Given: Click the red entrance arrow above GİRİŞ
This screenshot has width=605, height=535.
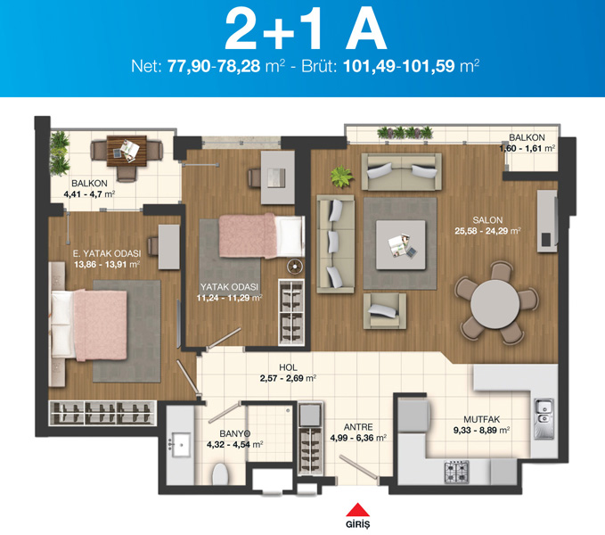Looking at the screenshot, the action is click(x=357, y=509).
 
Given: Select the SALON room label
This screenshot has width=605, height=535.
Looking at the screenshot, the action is click(x=487, y=220).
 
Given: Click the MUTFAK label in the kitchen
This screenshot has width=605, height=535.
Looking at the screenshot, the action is click(x=481, y=419).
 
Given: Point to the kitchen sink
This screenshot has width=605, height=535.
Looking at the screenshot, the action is click(x=544, y=419).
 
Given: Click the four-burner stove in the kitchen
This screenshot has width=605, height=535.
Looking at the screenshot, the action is click(x=457, y=472).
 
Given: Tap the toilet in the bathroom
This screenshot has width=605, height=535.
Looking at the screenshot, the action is click(x=220, y=474).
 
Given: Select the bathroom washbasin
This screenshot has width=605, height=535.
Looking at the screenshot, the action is click(x=181, y=445).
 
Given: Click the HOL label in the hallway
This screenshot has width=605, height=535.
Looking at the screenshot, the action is click(x=288, y=367).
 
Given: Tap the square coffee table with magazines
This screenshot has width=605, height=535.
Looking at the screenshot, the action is click(x=401, y=244).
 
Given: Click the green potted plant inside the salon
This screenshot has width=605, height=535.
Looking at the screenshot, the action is click(x=341, y=177).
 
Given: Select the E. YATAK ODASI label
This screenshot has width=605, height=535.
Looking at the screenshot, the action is click(x=107, y=253).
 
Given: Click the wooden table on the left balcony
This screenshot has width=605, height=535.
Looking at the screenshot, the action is click(x=127, y=151).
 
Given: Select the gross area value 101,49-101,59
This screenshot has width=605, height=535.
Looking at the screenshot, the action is click(x=399, y=67).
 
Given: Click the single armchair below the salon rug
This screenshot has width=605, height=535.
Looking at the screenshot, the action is click(x=385, y=310).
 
